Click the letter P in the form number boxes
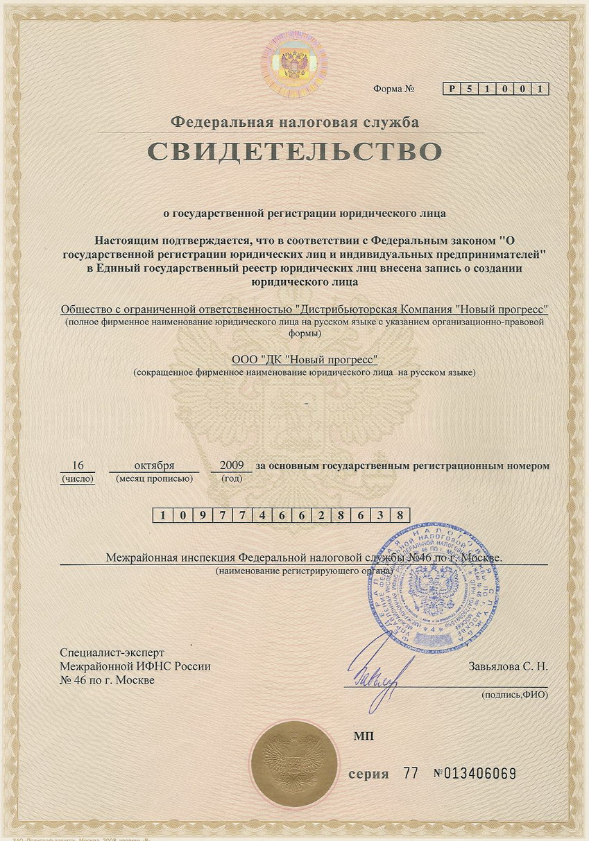[x=452, y=89]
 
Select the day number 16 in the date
[x=77, y=465]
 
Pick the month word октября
[x=154, y=465]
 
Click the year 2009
[x=231, y=465]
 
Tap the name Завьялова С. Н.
[x=509, y=666]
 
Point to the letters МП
[x=364, y=736]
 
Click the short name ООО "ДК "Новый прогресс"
[x=303, y=360]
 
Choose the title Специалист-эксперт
[x=112, y=652]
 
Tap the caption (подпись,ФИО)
[x=514, y=693]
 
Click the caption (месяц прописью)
[x=154, y=478]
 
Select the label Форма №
[x=393, y=89]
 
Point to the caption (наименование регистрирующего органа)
[x=303, y=570]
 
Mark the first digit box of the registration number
[x=162, y=515]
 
